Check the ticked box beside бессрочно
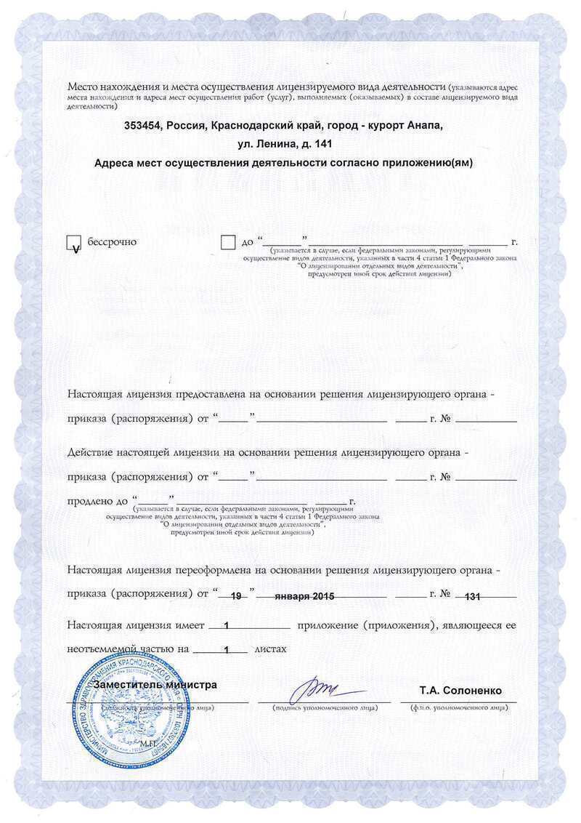73,244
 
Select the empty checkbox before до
228,242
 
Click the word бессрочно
112,241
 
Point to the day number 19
235,596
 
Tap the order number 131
472,596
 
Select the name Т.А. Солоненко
460,690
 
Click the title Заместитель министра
155,685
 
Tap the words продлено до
97,501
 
